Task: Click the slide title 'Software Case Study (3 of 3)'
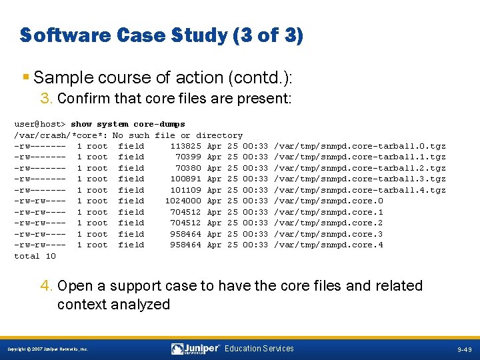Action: (161, 35)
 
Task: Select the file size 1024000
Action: (183, 201)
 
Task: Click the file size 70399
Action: (189, 157)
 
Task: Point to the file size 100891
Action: (186, 179)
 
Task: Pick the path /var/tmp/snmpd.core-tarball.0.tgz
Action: (360, 146)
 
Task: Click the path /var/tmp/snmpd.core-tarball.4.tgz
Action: (360, 190)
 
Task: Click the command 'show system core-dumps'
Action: (128, 124)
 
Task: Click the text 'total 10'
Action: (35, 256)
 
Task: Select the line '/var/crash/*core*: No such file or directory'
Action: (129, 135)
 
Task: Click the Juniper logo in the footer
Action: (195, 349)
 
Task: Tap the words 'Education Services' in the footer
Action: (259, 349)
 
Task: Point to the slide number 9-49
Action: (465, 349)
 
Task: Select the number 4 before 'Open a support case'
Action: (46, 286)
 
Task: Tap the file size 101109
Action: (186, 190)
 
